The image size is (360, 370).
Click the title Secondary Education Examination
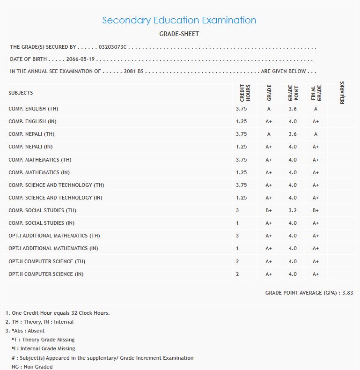(179, 20)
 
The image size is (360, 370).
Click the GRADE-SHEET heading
(179, 34)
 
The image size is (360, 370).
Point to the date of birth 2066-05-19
(80, 59)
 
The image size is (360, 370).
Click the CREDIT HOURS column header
(245, 93)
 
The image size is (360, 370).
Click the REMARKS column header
(342, 92)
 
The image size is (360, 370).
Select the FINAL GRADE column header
(316, 93)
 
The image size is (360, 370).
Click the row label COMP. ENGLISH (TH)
(33, 109)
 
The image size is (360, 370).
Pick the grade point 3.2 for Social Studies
(293, 210)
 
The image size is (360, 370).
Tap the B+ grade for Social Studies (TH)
(269, 210)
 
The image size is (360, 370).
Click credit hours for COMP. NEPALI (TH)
(242, 134)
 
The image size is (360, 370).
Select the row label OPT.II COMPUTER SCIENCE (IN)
(46, 274)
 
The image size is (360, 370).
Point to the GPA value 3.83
(347, 293)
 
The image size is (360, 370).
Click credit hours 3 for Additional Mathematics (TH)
(237, 236)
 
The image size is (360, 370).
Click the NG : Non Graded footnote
(32, 367)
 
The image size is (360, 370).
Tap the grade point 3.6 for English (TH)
(293, 109)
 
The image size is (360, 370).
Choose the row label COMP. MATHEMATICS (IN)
(39, 172)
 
